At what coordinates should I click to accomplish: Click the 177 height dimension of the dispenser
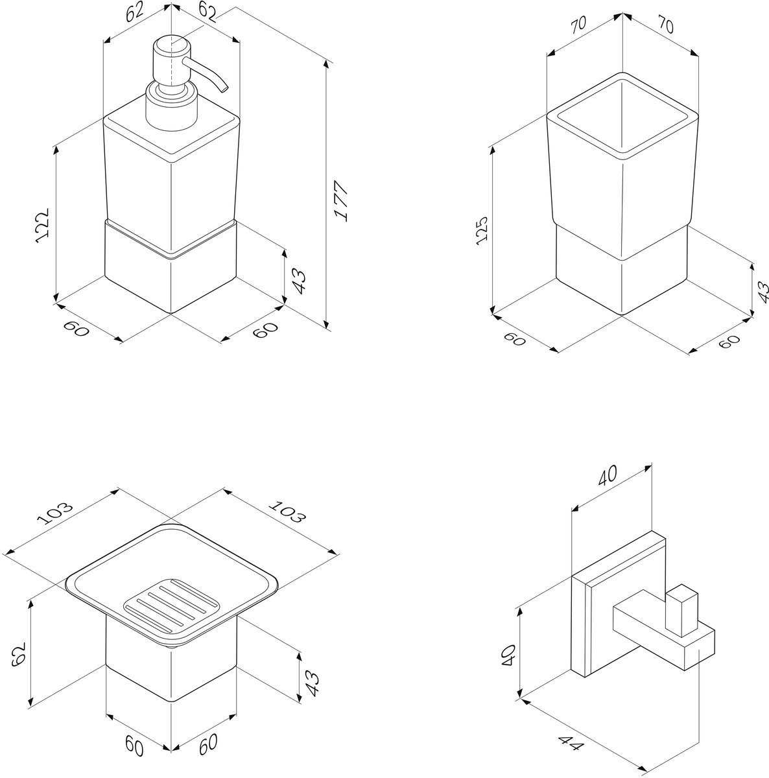tap(342, 200)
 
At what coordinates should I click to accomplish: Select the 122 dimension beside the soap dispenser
tap(42, 225)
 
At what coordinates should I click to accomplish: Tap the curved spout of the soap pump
tap(207, 73)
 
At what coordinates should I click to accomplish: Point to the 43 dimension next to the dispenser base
tap(300, 282)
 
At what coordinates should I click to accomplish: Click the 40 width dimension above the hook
tap(608, 476)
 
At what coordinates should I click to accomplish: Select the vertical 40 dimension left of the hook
tap(508, 655)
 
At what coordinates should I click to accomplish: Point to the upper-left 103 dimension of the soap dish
tap(55, 513)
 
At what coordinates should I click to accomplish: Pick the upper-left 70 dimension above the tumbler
tap(578, 24)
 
